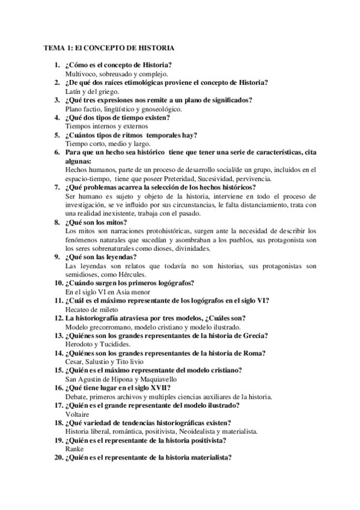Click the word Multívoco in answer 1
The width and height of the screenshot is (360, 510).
pos(81,73)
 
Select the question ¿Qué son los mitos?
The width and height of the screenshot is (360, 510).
pos(96,222)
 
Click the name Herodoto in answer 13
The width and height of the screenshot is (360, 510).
pos(81,344)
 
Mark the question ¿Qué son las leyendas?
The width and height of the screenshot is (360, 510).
pos(103,257)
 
